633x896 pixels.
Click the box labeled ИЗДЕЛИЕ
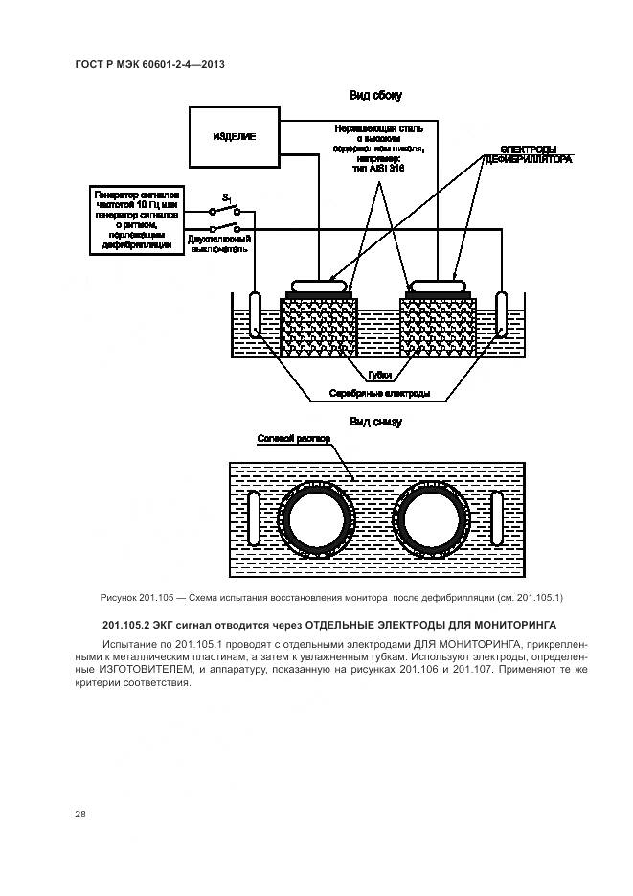(235, 137)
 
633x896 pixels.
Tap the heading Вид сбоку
(373, 95)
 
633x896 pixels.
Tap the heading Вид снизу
(374, 422)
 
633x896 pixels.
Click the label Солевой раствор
(293, 440)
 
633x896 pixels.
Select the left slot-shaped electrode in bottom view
(254, 518)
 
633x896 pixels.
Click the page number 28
(80, 814)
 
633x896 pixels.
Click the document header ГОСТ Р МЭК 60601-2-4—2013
(149, 65)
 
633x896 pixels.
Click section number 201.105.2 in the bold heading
(129, 625)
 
